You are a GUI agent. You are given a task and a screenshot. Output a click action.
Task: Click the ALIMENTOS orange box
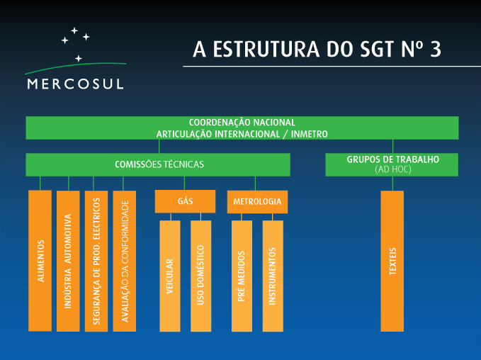tap(40, 260)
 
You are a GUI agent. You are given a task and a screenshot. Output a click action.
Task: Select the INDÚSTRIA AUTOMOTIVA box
tap(68, 260)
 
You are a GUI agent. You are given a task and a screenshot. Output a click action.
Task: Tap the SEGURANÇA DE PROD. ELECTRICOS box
tap(96, 260)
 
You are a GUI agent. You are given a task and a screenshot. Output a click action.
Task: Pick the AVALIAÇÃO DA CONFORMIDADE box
tap(125, 260)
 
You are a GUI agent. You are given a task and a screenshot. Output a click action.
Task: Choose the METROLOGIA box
tap(257, 201)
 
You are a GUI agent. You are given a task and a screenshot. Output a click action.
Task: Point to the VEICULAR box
tap(170, 276)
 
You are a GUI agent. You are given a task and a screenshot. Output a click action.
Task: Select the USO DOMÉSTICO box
tap(201, 276)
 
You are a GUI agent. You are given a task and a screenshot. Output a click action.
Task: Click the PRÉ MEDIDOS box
tap(242, 276)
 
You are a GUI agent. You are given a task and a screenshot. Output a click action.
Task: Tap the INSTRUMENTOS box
tap(273, 276)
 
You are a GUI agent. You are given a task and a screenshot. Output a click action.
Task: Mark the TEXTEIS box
tap(392, 260)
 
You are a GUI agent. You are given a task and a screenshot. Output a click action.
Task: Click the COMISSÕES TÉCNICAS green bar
tap(159, 164)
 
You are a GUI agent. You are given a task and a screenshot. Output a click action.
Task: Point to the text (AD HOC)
tap(392, 170)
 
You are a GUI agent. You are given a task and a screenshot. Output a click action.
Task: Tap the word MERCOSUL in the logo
tap(74, 84)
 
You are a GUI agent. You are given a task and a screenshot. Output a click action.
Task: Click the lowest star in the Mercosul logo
tap(78, 57)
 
